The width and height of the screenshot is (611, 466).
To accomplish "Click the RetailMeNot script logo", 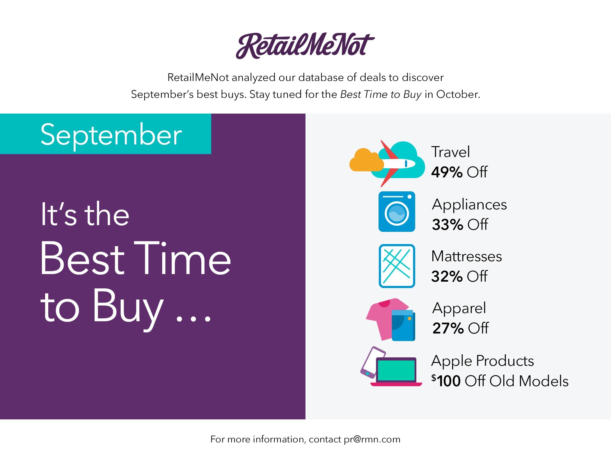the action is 305,46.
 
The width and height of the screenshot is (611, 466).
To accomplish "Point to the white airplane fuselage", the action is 399,164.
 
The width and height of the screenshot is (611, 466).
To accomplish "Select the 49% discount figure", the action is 447,172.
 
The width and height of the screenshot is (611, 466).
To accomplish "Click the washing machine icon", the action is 397,211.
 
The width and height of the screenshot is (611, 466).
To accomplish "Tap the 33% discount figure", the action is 447,225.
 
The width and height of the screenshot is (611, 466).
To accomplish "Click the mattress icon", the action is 397,266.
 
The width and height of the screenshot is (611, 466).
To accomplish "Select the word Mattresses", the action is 467,256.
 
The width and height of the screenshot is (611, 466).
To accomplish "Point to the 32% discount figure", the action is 447,276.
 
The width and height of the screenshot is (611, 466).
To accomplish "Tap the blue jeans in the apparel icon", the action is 403,325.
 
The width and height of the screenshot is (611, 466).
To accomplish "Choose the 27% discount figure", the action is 448,328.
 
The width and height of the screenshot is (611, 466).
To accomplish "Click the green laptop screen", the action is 396,370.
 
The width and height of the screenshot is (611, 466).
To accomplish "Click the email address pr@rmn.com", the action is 372,439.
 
